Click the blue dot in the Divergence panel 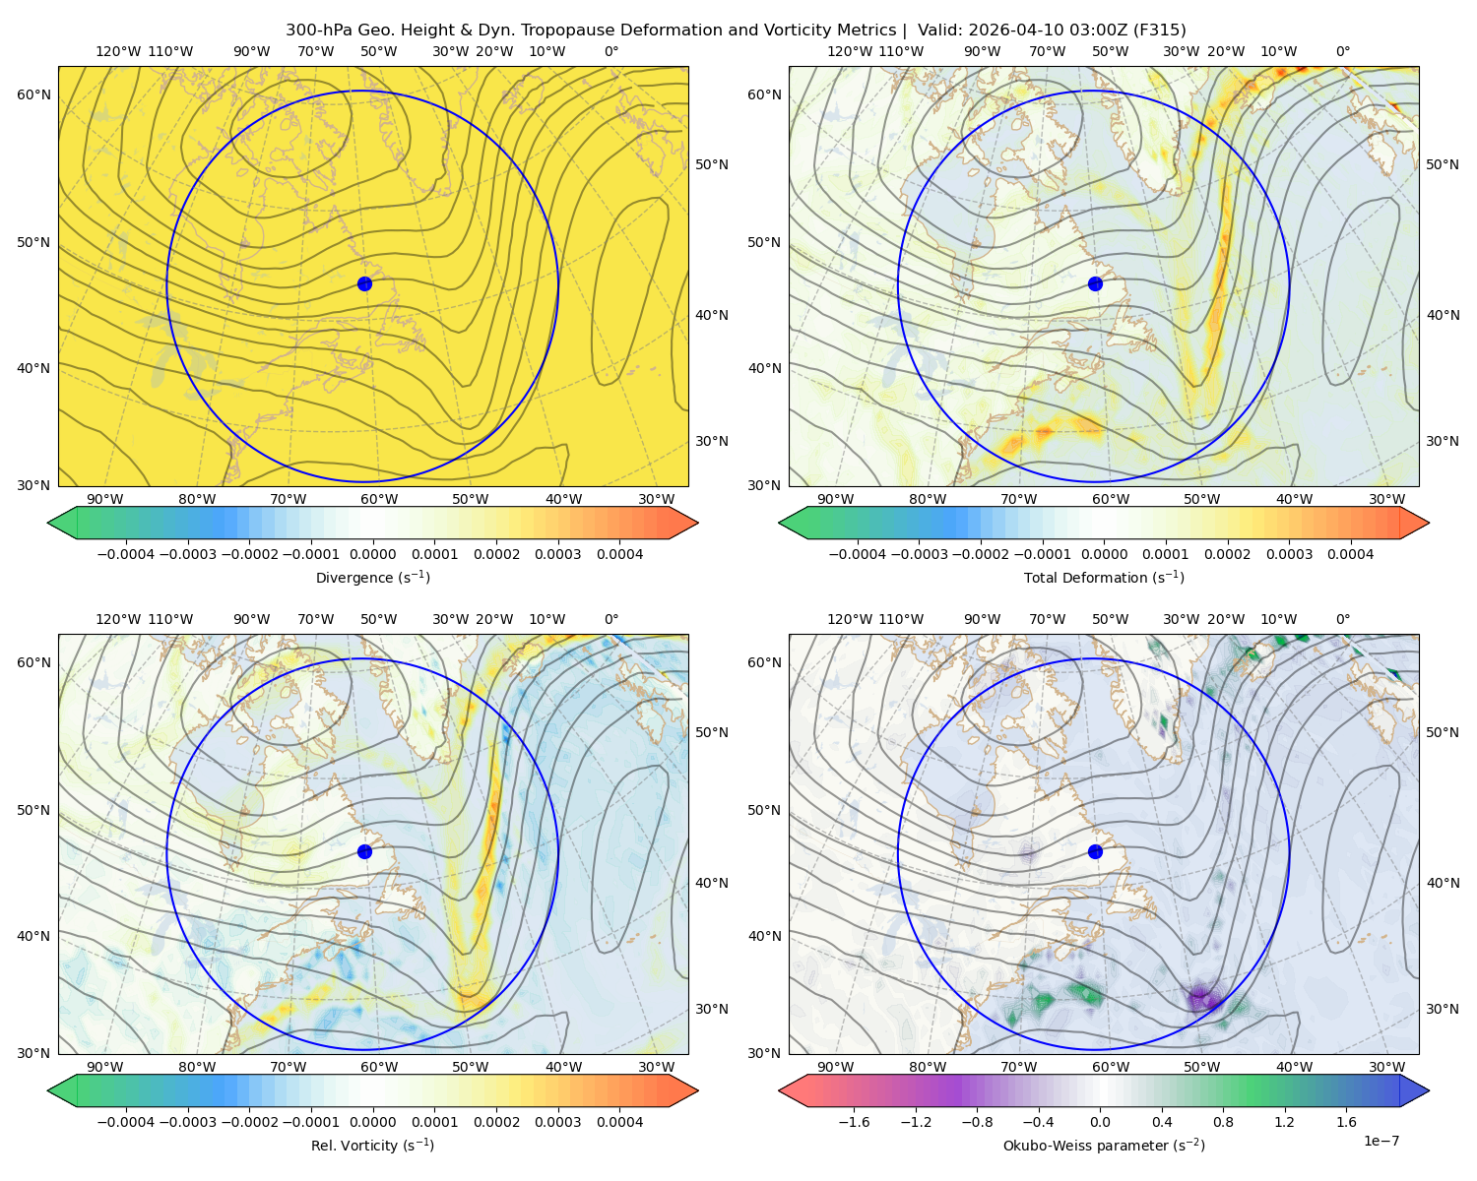[x=364, y=283]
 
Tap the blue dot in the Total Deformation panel [x=1095, y=283]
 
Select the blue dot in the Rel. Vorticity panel [x=364, y=851]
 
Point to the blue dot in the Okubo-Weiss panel [x=1095, y=851]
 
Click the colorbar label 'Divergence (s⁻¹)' [x=372, y=577]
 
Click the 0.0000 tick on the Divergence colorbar [x=372, y=554]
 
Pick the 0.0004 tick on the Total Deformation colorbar [x=1350, y=554]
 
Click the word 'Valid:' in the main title [x=939, y=31]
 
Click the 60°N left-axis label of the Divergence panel [x=33, y=94]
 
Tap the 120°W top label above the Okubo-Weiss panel [x=849, y=619]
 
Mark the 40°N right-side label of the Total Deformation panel [x=1443, y=315]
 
